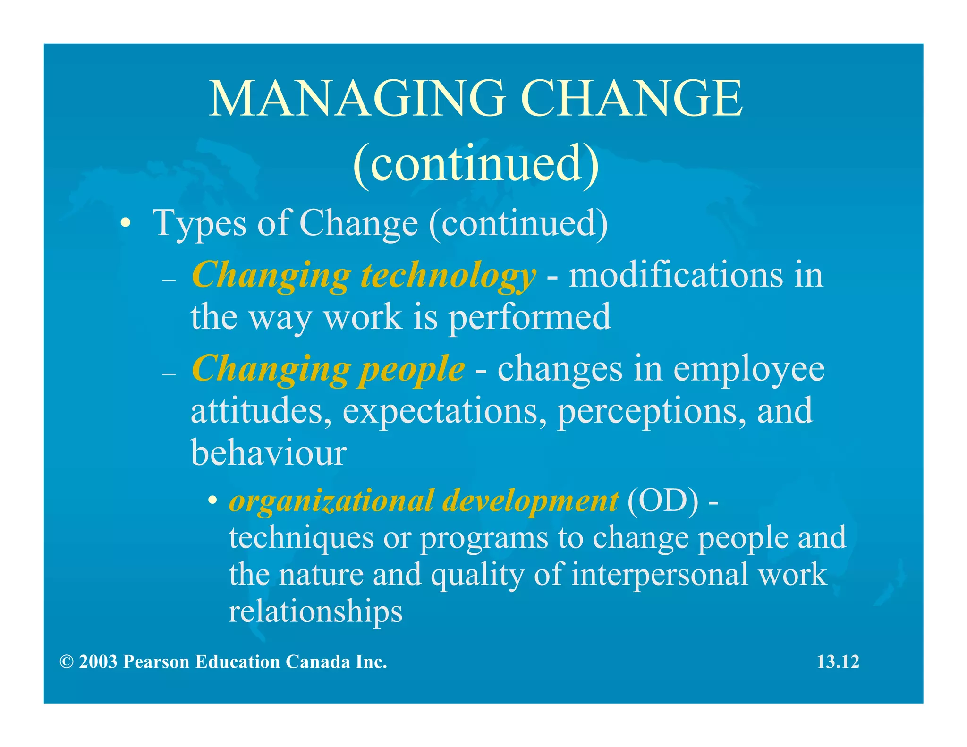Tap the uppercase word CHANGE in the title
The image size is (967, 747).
632,99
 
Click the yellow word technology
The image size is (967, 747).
448,275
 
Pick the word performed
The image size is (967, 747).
529,317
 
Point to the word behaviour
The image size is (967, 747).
269,452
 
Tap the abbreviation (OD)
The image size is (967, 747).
663,501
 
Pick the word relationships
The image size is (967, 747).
315,611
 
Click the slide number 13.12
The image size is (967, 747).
838,662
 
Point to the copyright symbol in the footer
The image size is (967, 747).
67,662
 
